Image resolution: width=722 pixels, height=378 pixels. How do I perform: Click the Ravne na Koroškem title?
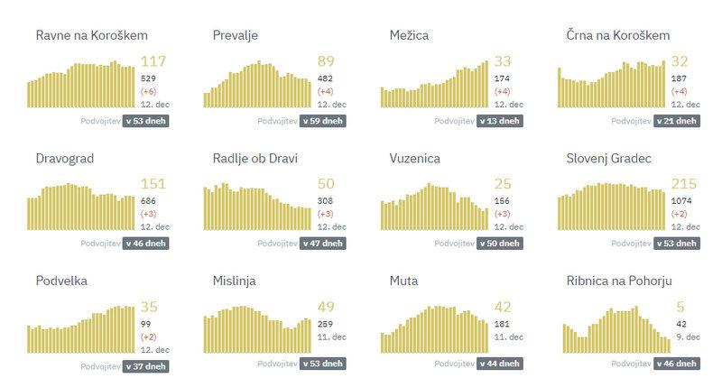coord(91,35)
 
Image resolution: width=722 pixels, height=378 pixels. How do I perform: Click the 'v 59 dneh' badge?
coord(322,120)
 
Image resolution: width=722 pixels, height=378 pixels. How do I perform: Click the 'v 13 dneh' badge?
coord(499,120)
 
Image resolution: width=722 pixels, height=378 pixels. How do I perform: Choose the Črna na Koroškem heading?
coord(617,35)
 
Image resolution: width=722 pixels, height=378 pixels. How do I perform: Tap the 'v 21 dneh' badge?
coord(676,120)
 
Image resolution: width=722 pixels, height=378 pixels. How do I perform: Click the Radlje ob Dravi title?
coord(255,159)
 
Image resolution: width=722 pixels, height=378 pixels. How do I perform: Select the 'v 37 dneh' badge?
coord(145,365)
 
